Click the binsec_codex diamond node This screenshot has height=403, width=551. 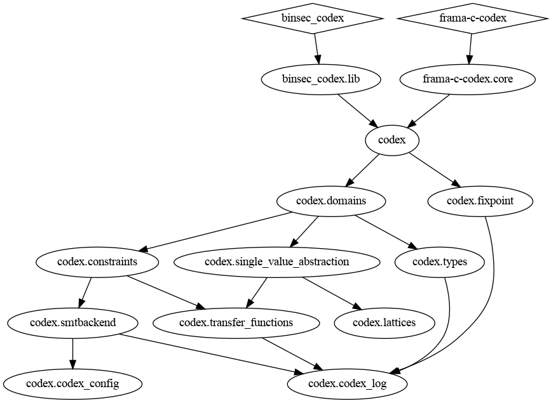[312, 18]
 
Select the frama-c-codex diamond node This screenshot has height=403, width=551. [473, 18]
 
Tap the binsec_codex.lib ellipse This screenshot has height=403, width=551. [321, 79]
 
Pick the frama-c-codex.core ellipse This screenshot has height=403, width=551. [468, 79]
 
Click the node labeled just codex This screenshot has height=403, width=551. [391, 140]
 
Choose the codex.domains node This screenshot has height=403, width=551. [331, 201]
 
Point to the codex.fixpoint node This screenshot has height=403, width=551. [480, 201]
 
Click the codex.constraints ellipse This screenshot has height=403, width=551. [97, 261]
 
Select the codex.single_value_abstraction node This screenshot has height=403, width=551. [276, 261]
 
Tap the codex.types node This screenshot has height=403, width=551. [440, 261]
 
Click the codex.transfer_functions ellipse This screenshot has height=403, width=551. [236, 322]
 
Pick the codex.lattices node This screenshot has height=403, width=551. [384, 322]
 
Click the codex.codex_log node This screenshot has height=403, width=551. [347, 383]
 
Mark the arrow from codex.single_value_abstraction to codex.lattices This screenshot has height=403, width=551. [332, 293]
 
